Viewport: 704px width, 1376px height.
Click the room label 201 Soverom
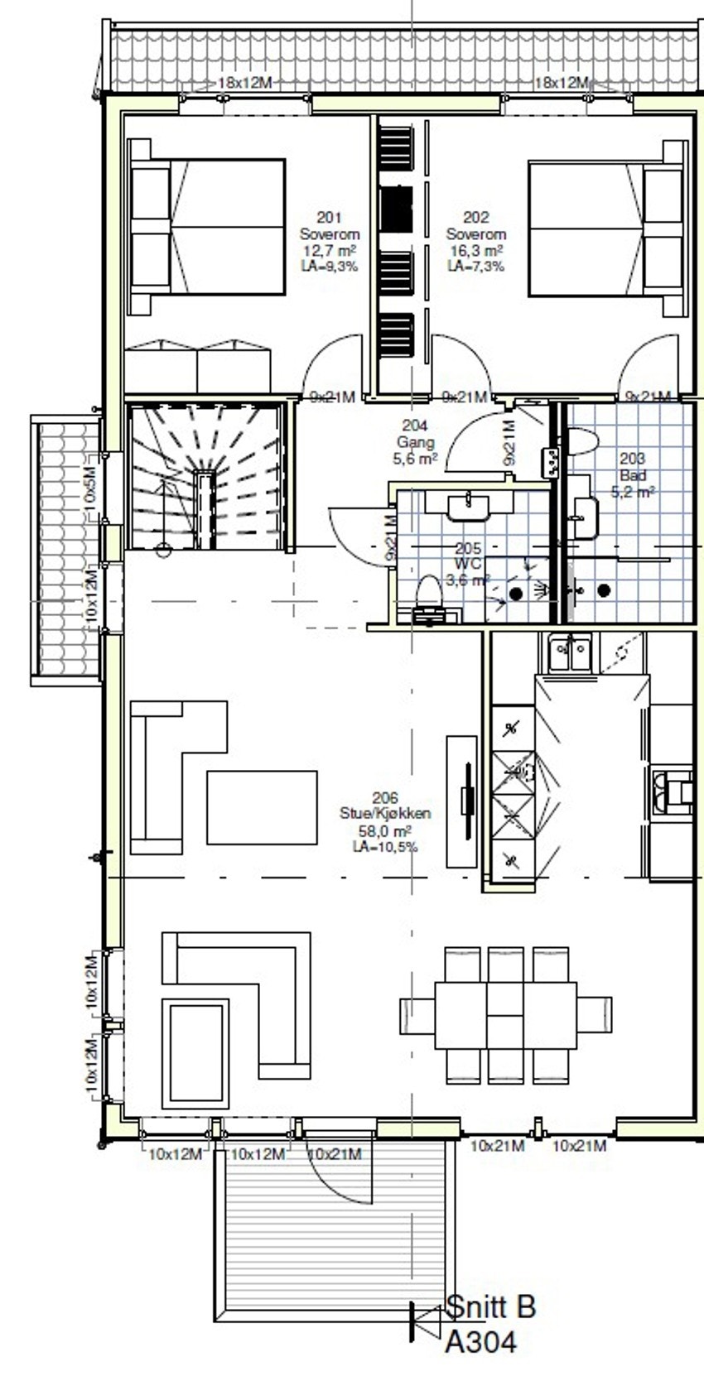coord(329,226)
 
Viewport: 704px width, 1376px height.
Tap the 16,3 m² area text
coord(475,251)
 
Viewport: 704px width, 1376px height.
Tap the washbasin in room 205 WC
coord(468,505)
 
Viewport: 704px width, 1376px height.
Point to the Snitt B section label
coord(490,1306)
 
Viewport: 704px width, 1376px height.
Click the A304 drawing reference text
coord(480,1342)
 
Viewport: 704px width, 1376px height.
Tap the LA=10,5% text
coord(384,847)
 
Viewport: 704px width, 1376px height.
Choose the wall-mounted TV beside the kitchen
coord(468,801)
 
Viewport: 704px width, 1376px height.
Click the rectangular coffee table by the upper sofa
coord(262,807)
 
